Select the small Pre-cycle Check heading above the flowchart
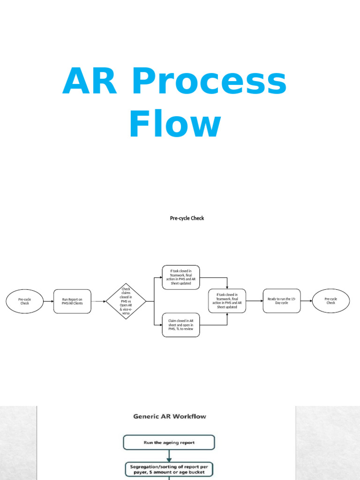tap(187, 218)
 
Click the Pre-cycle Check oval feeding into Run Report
tap(24, 301)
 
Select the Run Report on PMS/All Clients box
tap(72, 301)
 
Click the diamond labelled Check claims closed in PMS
tap(126, 301)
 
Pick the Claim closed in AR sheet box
tap(180, 324)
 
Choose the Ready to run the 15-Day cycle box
tap(281, 301)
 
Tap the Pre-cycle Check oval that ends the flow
tap(330, 301)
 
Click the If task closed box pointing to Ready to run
tap(227, 301)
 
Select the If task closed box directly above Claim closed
tap(180, 277)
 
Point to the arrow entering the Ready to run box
tap(254, 301)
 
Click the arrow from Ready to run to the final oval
tap(306, 301)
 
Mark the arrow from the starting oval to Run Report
tap(48, 301)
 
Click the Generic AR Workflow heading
tap(169, 416)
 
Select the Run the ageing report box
tap(169, 442)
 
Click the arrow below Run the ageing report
tap(169, 456)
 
